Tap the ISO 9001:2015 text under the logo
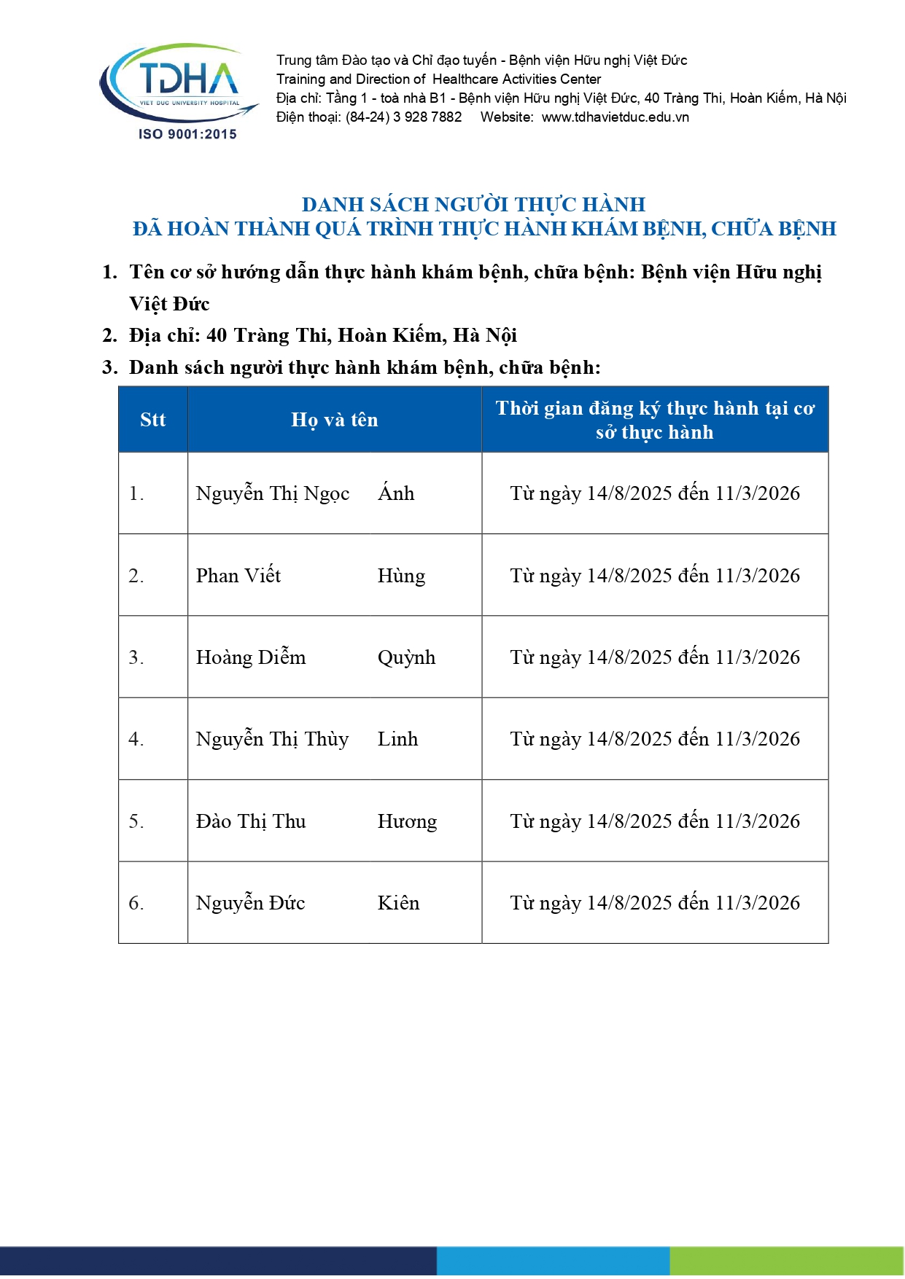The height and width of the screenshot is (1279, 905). (187, 134)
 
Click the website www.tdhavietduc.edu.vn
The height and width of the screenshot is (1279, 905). (615, 117)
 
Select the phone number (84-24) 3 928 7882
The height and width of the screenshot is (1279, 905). (403, 117)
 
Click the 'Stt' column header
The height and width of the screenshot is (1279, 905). (153, 420)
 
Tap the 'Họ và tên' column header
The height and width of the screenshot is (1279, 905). (335, 420)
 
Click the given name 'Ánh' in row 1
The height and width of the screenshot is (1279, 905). (396, 493)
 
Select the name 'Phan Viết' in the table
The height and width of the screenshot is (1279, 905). (238, 576)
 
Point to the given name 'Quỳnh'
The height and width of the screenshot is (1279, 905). (406, 657)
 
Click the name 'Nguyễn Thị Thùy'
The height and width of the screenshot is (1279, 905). (272, 739)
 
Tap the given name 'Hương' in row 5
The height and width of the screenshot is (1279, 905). (407, 821)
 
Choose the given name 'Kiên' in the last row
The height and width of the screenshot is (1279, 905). (398, 903)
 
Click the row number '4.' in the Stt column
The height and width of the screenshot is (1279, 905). (136, 739)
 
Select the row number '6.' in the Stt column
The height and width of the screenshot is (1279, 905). (136, 903)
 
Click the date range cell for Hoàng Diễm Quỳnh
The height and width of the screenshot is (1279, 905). (655, 657)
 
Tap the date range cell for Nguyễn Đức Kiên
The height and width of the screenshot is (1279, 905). (655, 903)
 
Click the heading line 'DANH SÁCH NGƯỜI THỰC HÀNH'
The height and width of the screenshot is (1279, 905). (473, 204)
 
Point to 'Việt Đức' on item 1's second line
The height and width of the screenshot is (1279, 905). (169, 304)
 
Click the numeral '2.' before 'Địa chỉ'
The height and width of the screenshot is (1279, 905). (109, 335)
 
